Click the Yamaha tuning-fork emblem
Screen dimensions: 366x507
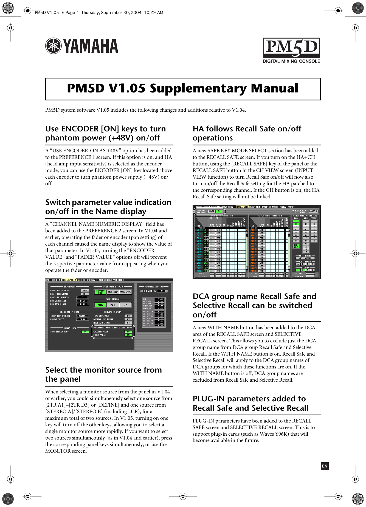click(x=53, y=46)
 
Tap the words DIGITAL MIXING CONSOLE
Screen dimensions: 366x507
click(x=291, y=61)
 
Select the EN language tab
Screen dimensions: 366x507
click(x=325, y=466)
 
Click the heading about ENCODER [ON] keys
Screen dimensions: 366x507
click(x=106, y=133)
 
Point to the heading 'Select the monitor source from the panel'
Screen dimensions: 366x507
click(x=103, y=374)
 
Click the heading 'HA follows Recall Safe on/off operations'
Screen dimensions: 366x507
click(x=247, y=133)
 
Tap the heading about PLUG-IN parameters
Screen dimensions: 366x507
click(x=250, y=403)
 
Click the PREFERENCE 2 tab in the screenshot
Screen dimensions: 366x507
click(x=69, y=280)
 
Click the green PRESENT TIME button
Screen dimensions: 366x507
click(x=100, y=292)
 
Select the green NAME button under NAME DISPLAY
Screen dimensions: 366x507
click(x=100, y=305)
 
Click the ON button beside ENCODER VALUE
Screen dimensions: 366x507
click(x=128, y=332)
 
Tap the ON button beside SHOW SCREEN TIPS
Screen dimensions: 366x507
click(x=85, y=332)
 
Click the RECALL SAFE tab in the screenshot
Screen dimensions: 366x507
click(x=242, y=207)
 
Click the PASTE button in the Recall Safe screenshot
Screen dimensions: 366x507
click(x=313, y=211)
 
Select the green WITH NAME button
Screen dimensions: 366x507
click(x=296, y=246)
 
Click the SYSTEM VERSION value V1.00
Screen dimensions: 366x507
click(x=164, y=291)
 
